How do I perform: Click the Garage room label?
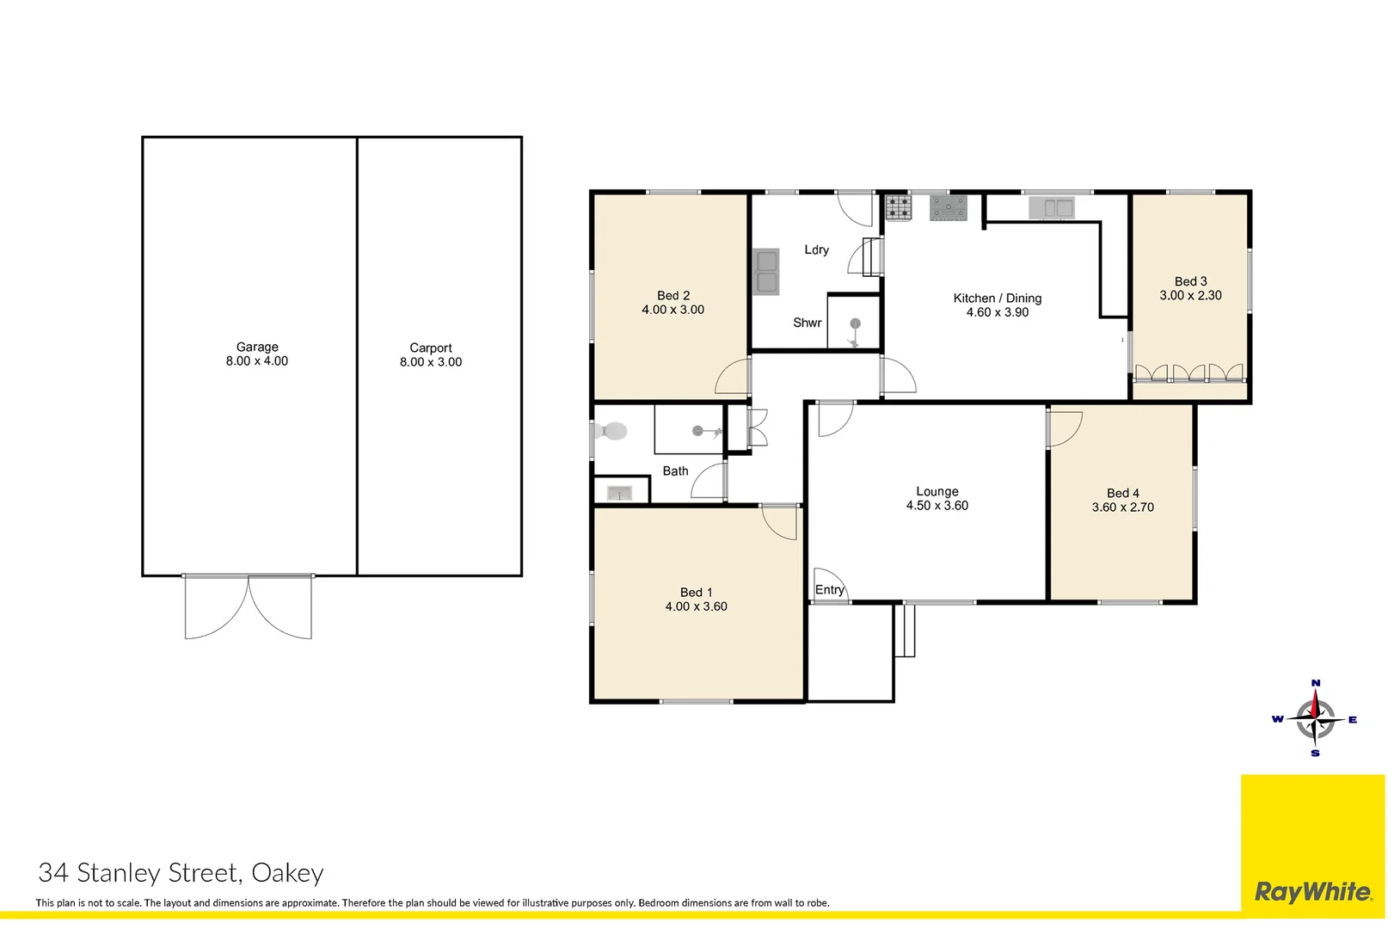pos(257,347)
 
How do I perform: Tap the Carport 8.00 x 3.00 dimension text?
pos(430,362)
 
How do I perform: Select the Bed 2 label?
pos(673,295)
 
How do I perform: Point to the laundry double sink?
pos(766,272)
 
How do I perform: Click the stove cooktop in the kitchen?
pos(900,207)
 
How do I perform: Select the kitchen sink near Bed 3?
pos(1052,208)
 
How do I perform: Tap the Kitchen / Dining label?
pos(997,298)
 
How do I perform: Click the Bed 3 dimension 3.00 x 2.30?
pos(1190,295)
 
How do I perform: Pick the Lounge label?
pos(936,491)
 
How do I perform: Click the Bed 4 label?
pos(1122,493)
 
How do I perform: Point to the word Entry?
pos(829,589)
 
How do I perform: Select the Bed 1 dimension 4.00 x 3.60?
pos(696,606)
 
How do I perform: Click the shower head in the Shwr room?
pos(855,324)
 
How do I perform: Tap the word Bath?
pos(675,471)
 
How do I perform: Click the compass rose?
pos(1315,719)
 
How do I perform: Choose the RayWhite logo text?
pos(1312,891)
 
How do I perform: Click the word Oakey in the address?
pos(287,873)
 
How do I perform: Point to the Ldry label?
pos(816,249)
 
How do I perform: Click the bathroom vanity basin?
pos(619,493)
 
